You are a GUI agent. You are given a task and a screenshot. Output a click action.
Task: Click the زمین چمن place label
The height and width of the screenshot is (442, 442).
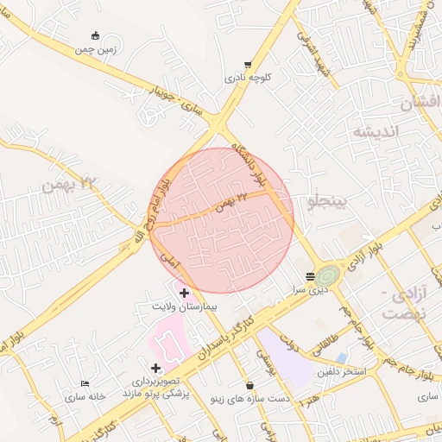coord(95,49)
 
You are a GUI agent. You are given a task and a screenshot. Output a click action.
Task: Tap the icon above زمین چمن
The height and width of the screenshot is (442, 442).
coord(95,35)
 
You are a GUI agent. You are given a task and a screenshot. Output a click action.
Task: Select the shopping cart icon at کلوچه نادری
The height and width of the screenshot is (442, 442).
coord(248,65)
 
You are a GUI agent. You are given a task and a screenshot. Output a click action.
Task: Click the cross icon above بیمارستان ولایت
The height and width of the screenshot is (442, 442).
coord(184,294)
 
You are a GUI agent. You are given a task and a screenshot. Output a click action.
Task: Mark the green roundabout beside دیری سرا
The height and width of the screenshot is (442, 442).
coord(327,276)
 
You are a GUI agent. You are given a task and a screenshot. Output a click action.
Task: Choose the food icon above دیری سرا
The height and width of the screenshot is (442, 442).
coord(310,277)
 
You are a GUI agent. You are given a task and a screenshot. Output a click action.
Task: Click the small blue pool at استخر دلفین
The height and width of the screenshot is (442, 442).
coord(342,357)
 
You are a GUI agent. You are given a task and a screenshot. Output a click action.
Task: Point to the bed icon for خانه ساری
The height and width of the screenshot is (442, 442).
coord(84,382)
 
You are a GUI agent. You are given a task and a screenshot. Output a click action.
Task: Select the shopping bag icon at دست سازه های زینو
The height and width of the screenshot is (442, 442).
coord(250,385)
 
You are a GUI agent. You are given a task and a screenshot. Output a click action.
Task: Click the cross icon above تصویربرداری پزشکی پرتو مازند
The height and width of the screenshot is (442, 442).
coord(155,369)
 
